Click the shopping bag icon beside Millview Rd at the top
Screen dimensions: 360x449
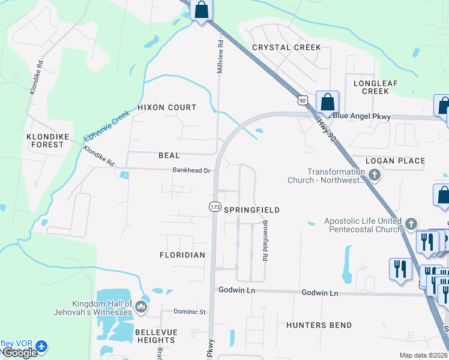[x=201, y=10]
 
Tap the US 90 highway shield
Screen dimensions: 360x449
[x=303, y=99]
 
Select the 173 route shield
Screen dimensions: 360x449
[x=214, y=206]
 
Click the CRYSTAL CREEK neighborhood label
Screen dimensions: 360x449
[x=286, y=47]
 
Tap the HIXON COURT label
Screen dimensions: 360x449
[x=167, y=107]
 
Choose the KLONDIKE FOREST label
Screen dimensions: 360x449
[x=45, y=140]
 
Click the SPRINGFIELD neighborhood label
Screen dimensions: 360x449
[x=252, y=210]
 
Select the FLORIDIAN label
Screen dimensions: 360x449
[x=182, y=255]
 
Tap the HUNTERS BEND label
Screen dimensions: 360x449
[x=319, y=325]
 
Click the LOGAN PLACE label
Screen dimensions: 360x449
[x=395, y=161]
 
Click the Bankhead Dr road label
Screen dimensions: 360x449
[x=191, y=170]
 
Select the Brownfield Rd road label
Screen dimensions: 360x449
[x=264, y=241]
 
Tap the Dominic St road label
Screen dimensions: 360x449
[x=190, y=312]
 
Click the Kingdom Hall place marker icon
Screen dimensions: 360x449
[x=141, y=307]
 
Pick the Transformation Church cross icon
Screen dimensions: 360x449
[x=375, y=176]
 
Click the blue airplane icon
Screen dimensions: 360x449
[x=41, y=347]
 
